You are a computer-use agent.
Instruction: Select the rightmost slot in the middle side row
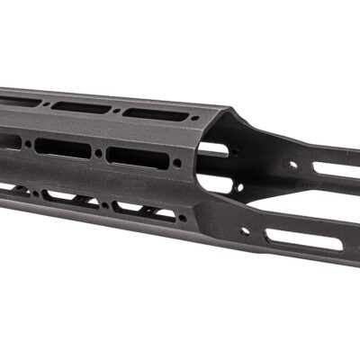[137, 154]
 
